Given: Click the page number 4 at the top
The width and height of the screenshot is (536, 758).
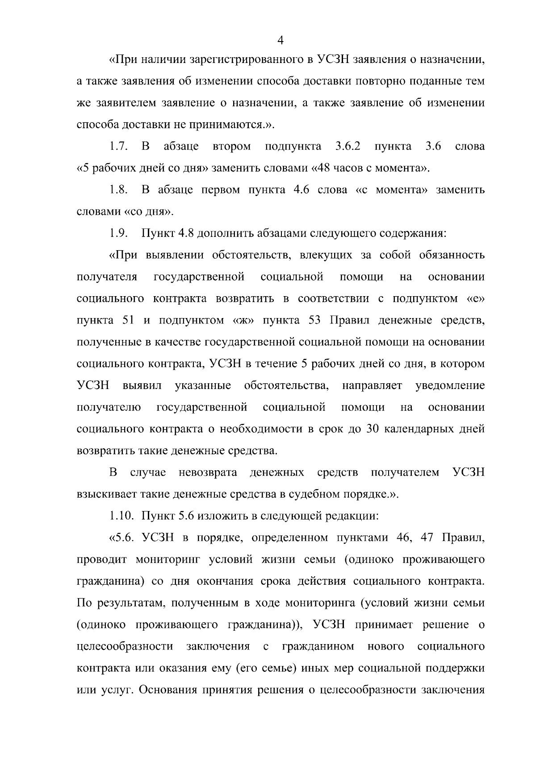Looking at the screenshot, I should pyautogui.click(x=281, y=41).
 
